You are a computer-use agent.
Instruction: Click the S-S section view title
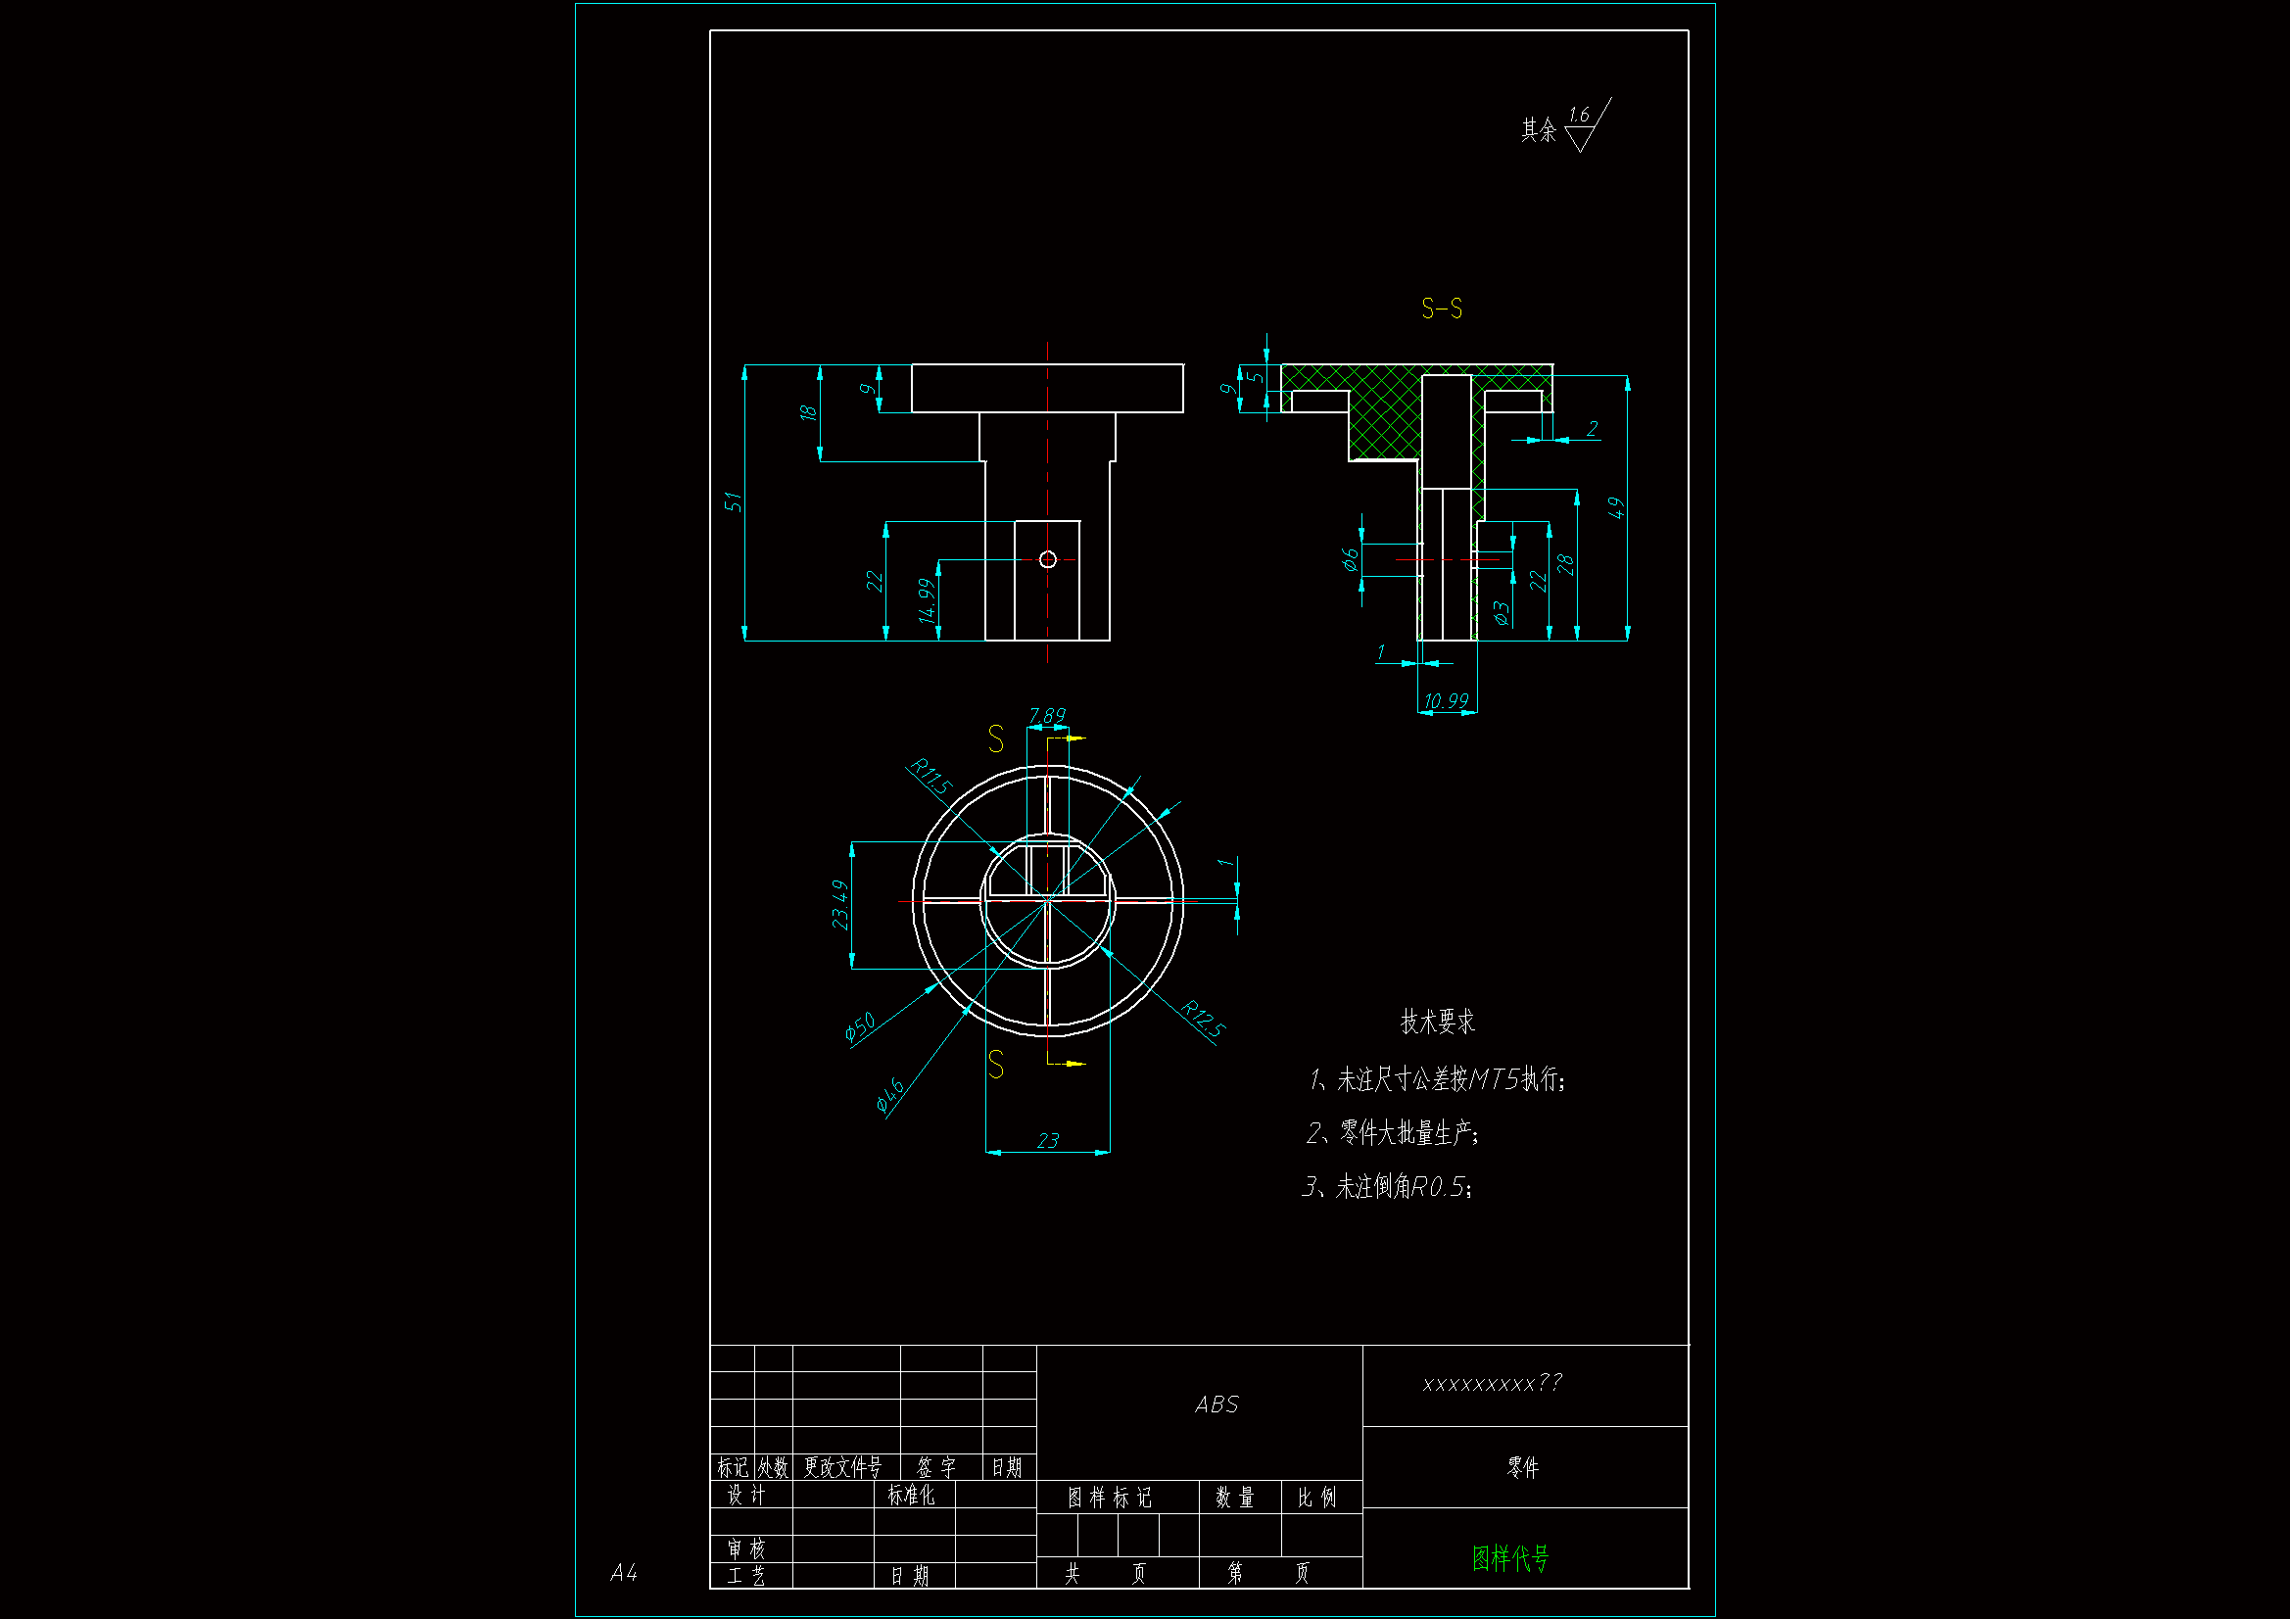pyautogui.click(x=1441, y=310)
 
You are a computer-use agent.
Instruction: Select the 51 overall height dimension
pyautogui.click(x=734, y=500)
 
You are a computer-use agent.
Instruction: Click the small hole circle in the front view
pyautogui.click(x=1047, y=559)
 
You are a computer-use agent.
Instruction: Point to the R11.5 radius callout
pyautogui.click(x=930, y=776)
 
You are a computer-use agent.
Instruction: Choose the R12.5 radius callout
pyautogui.click(x=1202, y=1020)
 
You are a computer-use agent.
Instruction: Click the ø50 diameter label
pyautogui.click(x=860, y=1025)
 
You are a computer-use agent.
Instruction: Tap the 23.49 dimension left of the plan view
pyautogui.click(x=840, y=904)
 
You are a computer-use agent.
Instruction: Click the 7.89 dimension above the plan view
pyautogui.click(x=1047, y=715)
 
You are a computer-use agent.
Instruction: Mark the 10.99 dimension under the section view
pyautogui.click(x=1447, y=701)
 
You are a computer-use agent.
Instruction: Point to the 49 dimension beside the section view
pyautogui.click(x=1617, y=507)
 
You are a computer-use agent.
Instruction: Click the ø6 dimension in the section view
pyautogui.click(x=1351, y=559)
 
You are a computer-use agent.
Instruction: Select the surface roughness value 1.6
pyautogui.click(x=1578, y=116)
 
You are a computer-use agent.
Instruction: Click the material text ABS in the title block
pyautogui.click(x=1217, y=1405)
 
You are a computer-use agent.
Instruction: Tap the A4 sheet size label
pyautogui.click(x=623, y=1573)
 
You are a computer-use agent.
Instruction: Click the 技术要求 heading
pyautogui.click(x=1437, y=1022)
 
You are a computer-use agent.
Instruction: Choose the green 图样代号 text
pyautogui.click(x=1510, y=1558)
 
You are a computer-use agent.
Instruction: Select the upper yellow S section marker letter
pyautogui.click(x=995, y=739)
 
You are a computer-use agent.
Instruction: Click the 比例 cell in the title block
pyautogui.click(x=1316, y=1498)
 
